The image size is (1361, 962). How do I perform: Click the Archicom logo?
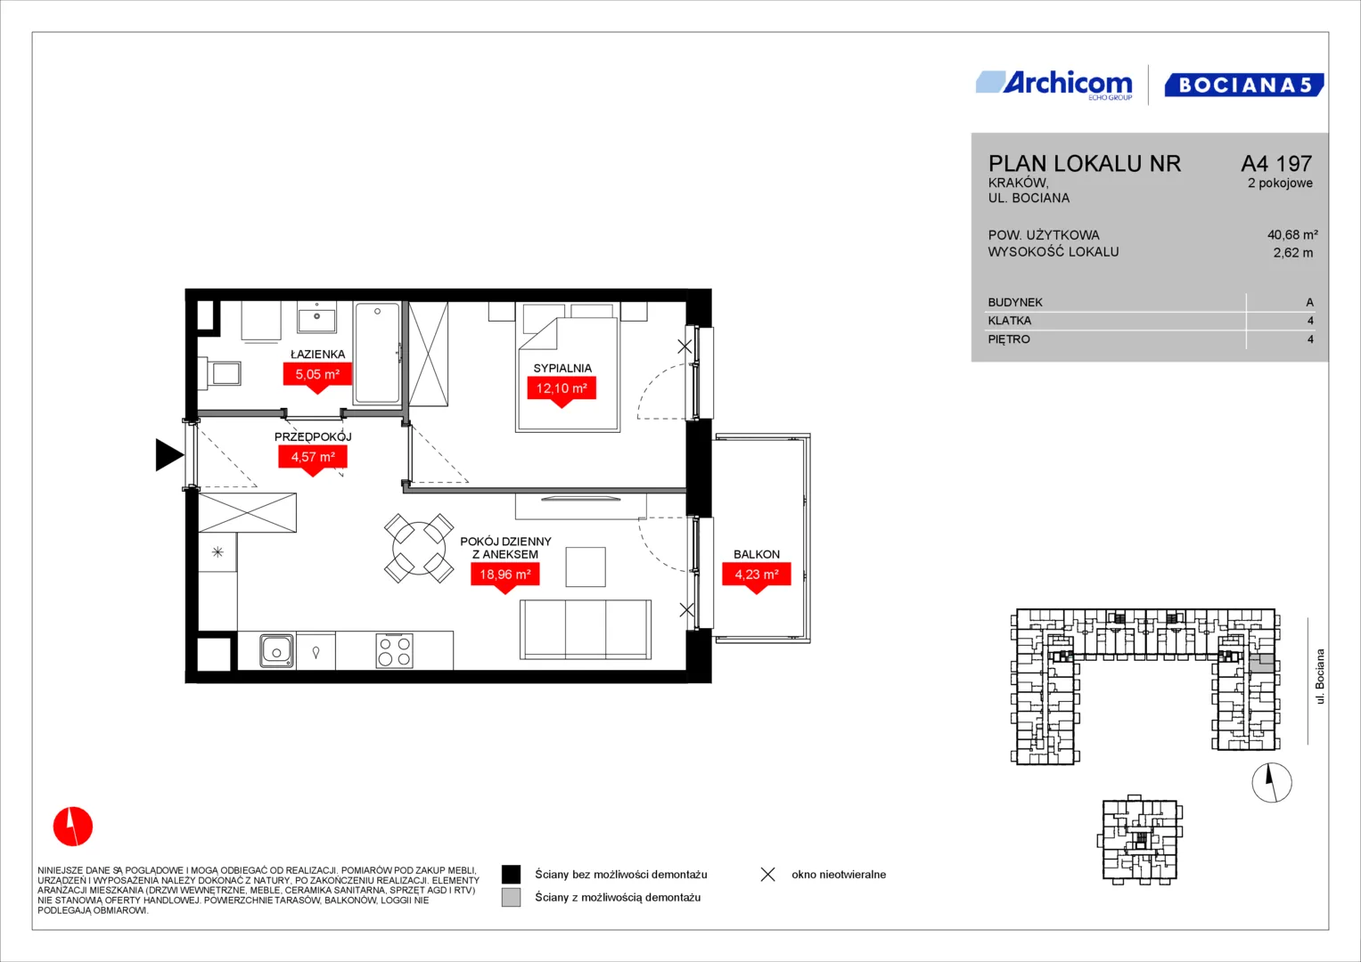1054,85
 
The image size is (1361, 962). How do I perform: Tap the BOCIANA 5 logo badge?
1244,85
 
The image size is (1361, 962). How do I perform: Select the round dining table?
419,549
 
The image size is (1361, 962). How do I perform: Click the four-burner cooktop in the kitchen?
394,651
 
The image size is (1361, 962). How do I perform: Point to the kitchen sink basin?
276,651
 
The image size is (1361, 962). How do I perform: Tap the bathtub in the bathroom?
377,353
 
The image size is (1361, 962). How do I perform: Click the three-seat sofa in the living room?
585,629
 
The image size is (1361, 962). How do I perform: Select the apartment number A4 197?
1276,163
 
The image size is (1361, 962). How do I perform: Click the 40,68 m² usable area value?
1292,234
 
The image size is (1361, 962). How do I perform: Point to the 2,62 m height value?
1293,253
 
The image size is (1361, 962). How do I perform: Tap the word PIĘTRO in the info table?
1009,339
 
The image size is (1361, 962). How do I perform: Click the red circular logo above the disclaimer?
73,826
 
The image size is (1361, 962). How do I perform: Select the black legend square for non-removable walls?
511,875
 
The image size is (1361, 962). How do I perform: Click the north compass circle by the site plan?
1272,783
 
